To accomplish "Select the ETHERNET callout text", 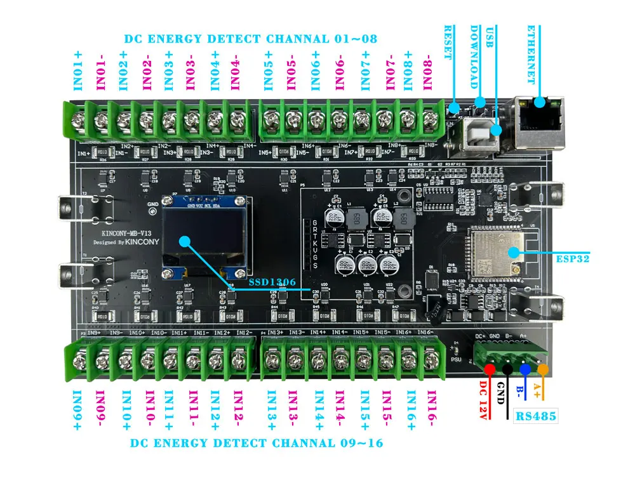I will (531, 55).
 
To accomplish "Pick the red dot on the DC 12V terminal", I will (490, 369).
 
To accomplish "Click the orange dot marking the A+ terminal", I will (542, 369).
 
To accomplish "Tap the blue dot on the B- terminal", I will (525, 369).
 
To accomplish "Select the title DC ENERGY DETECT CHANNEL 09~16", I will (257, 443).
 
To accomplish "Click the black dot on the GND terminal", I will (507, 369).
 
